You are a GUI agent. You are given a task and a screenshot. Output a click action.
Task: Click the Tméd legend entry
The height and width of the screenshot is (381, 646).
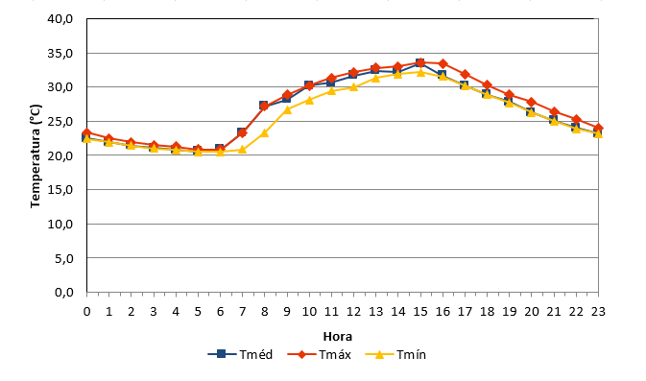click(240, 354)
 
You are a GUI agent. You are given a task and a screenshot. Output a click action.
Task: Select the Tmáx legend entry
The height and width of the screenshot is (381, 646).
click(319, 354)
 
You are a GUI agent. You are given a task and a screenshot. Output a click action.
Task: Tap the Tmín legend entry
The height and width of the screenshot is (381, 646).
click(395, 354)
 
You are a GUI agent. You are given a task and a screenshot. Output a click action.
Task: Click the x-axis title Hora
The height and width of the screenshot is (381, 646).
click(338, 337)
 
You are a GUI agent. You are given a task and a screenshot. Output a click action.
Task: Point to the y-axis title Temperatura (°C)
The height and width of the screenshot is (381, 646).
click(36, 156)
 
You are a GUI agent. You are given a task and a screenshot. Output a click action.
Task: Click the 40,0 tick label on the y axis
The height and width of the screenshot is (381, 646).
click(60, 19)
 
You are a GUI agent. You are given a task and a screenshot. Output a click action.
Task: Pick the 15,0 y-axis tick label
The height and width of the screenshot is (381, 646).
click(60, 189)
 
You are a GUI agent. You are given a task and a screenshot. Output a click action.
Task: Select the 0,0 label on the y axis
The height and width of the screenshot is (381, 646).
click(64, 292)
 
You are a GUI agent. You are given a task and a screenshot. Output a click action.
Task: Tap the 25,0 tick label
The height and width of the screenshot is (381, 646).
click(60, 122)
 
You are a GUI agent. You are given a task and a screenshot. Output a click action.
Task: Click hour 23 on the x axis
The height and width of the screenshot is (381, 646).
click(598, 311)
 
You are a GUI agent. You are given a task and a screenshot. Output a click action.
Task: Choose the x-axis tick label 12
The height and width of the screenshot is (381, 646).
click(353, 311)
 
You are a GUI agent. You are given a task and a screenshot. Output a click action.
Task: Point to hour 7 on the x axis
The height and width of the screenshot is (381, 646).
click(242, 311)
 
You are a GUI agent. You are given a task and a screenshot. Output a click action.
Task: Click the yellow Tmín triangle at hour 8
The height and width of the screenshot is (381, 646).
click(265, 133)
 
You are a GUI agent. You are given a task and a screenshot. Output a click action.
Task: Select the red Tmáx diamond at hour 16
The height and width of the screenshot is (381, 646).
click(443, 64)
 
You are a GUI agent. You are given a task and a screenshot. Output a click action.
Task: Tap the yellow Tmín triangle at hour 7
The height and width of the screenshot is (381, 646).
click(242, 149)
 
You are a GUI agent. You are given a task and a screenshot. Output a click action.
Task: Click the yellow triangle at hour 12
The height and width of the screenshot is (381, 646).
click(353, 87)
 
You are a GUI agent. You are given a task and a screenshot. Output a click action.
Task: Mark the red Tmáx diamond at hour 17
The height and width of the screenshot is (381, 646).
click(466, 75)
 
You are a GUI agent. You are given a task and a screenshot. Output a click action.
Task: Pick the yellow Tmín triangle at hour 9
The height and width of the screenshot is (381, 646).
click(287, 109)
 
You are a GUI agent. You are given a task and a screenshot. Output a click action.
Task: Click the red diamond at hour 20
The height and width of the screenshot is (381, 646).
click(532, 102)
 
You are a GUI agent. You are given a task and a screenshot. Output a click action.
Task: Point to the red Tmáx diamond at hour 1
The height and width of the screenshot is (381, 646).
click(108, 139)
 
